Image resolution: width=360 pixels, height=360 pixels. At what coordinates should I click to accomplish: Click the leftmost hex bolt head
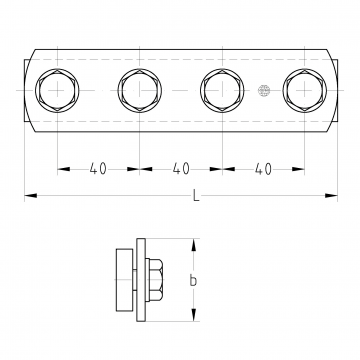point(57,90)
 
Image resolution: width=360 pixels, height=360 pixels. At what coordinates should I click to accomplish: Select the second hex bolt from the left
point(140,90)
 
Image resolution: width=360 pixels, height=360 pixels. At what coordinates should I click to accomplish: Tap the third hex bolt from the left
point(222,90)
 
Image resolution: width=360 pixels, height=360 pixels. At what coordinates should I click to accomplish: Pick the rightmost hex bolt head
point(305,90)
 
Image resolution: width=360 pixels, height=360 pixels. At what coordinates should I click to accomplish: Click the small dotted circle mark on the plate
point(264,91)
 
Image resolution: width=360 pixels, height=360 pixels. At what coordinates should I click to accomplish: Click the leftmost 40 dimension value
point(98,169)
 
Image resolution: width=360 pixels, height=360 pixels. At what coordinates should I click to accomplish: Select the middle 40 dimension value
point(181,169)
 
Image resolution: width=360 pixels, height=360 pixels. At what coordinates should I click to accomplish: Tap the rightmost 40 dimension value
point(263,169)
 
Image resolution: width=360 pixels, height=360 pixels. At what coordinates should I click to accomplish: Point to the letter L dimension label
point(196,195)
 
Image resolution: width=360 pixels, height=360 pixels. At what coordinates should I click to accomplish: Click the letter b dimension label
point(193,280)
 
